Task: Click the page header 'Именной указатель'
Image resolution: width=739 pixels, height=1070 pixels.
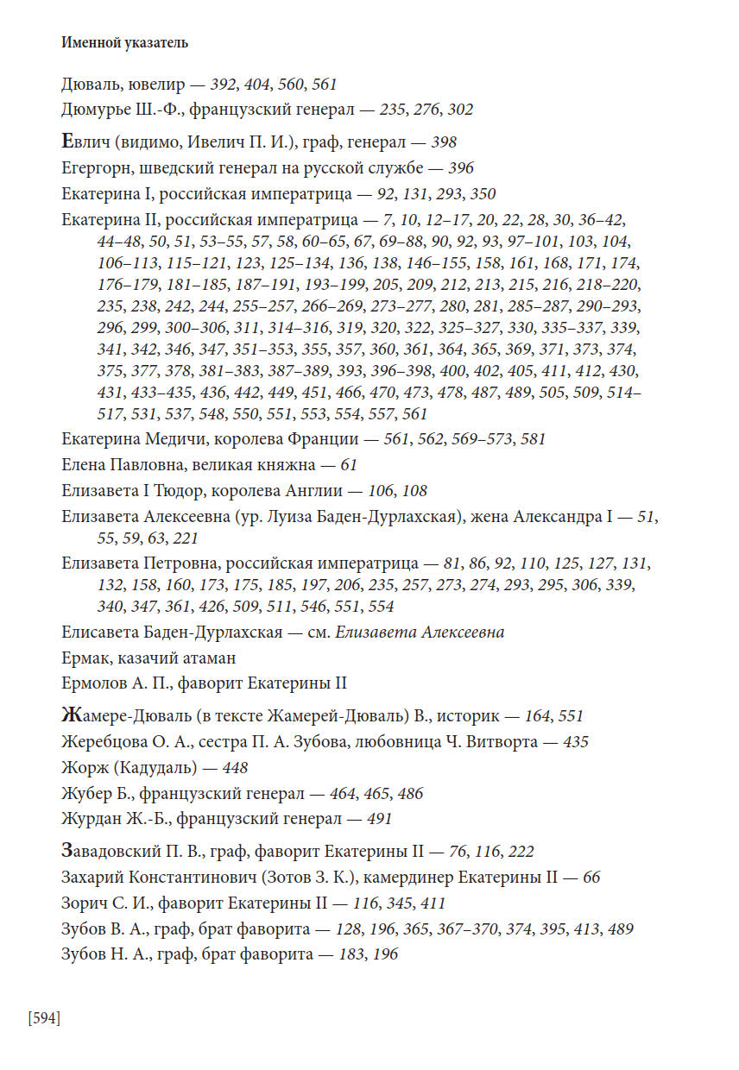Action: click(124, 41)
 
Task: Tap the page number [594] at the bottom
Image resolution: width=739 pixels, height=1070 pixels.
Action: click(44, 1018)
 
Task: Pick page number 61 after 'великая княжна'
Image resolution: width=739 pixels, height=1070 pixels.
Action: click(349, 465)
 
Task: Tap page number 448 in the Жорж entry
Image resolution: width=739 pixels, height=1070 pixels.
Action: click(236, 768)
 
